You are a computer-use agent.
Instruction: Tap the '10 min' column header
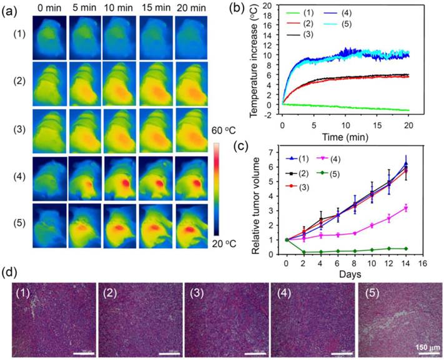click(x=117, y=7)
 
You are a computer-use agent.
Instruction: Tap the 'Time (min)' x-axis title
click(x=344, y=135)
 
